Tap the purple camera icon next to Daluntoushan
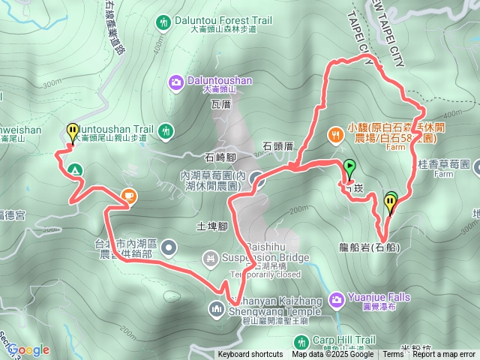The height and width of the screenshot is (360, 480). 175,79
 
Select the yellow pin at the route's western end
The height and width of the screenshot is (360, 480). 72,133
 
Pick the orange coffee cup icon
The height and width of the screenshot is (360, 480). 129,196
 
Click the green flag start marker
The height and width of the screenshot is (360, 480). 349,168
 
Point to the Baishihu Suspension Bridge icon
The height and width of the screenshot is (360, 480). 211,259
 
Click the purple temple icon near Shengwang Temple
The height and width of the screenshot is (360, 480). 217,308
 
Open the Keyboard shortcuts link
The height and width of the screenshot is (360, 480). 250,355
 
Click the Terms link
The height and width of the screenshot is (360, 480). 393,355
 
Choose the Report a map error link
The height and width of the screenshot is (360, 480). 444,355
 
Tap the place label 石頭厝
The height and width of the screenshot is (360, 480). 277,145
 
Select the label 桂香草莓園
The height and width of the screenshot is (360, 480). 444,163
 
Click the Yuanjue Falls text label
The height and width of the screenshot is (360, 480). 379,297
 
